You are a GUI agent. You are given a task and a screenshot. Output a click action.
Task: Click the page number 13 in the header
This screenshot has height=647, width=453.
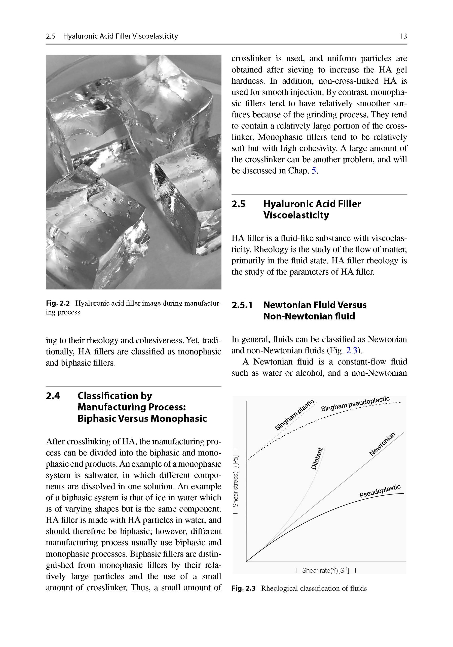pyautogui.click(x=403, y=36)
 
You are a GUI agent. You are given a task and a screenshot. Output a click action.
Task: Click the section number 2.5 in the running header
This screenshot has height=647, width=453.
pyautogui.click(x=51, y=36)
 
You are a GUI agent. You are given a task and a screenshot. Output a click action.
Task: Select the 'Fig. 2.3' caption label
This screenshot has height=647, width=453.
pyautogui.click(x=244, y=588)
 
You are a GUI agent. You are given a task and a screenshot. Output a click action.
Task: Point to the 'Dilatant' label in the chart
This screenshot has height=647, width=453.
pyautogui.click(x=317, y=459)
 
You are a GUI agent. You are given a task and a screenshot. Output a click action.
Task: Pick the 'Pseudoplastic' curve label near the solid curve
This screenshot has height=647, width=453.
pyautogui.click(x=380, y=491)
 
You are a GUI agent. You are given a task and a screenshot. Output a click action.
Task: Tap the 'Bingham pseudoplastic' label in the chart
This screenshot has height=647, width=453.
pyautogui.click(x=355, y=404)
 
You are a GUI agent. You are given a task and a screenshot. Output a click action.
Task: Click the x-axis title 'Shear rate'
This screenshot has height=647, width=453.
pyautogui.click(x=325, y=571)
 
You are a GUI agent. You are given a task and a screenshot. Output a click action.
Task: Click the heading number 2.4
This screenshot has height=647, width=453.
pyautogui.click(x=53, y=396)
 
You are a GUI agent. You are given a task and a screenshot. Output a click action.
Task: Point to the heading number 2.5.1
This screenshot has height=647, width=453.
pyautogui.click(x=242, y=305)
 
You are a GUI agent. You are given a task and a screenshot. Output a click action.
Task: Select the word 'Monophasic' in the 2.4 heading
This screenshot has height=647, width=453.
pyautogui.click(x=178, y=418)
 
